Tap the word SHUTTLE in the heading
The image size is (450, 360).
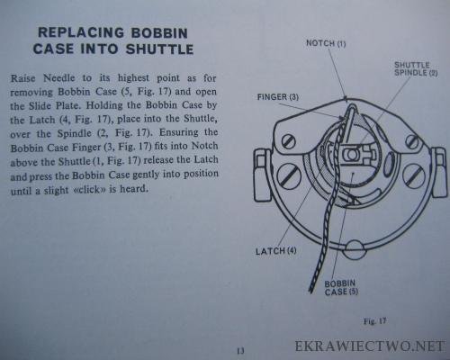click(x=159, y=49)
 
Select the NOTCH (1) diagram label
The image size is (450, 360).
click(x=326, y=43)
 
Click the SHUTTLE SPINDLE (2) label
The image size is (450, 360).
click(x=416, y=68)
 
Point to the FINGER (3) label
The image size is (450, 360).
click(x=278, y=97)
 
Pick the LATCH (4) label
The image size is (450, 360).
click(x=275, y=251)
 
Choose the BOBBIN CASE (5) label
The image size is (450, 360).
click(x=341, y=287)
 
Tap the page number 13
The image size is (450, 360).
click(x=240, y=350)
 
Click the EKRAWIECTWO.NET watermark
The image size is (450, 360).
click(x=370, y=346)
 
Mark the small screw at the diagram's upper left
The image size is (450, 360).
click(x=289, y=141)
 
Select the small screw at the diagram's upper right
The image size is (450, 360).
click(x=412, y=140)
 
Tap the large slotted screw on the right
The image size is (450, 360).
click(x=414, y=176)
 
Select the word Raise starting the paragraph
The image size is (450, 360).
click(x=23, y=78)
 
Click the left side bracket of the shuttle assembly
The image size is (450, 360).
click(x=263, y=175)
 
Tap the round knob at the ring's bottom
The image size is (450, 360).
click(x=353, y=249)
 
